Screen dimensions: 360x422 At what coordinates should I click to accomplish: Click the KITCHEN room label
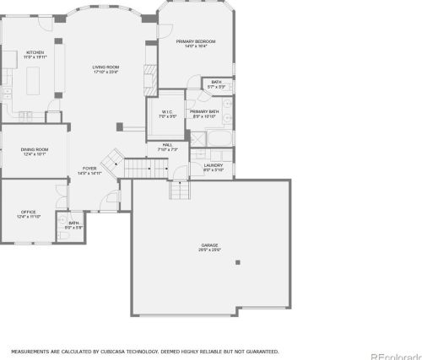pyautogui.click(x=35, y=52)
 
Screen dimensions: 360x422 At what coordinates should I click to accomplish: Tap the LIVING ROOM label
pyautogui.click(x=105, y=67)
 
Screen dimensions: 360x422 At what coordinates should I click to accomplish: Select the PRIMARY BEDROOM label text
pyautogui.click(x=195, y=41)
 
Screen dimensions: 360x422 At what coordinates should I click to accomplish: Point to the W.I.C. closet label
pyautogui.click(x=166, y=111)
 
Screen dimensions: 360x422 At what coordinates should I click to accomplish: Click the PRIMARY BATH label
pyautogui.click(x=205, y=111)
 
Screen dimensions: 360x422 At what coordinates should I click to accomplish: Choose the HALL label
pyautogui.click(x=168, y=145)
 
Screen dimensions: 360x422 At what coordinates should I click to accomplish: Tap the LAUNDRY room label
pyautogui.click(x=213, y=165)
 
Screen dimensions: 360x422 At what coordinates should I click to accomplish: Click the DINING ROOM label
pyautogui.click(x=35, y=150)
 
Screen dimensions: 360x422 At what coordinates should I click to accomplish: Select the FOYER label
pyautogui.click(x=89, y=169)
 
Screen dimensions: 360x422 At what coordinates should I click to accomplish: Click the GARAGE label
pyautogui.click(x=209, y=244)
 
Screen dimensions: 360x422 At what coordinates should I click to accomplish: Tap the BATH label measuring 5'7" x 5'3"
pyautogui.click(x=217, y=82)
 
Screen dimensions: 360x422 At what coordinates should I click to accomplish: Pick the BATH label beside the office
pyautogui.click(x=73, y=223)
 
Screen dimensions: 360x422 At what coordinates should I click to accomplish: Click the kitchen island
pyautogui.click(x=35, y=82)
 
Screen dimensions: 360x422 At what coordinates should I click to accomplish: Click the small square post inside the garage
pyautogui.click(x=238, y=262)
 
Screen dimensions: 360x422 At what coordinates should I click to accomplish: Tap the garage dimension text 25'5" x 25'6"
pyautogui.click(x=209, y=250)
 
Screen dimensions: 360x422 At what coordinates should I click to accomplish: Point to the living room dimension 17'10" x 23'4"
pyautogui.click(x=105, y=73)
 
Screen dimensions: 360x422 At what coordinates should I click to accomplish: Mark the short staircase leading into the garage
pyautogui.click(x=180, y=191)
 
